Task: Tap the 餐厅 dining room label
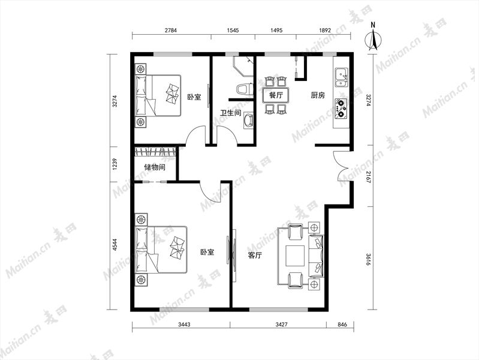(276, 95)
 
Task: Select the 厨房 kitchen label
(318, 95)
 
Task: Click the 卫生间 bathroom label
(231, 113)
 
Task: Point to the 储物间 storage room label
(155, 167)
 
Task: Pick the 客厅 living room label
(254, 255)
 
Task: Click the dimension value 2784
(171, 30)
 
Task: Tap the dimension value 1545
(233, 30)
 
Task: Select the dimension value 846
(342, 325)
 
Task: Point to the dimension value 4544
(115, 245)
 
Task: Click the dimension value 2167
(368, 176)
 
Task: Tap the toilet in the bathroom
(245, 89)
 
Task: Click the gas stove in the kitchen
(341, 108)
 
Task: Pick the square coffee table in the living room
(295, 256)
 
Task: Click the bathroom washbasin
(248, 121)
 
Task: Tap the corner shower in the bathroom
(244, 66)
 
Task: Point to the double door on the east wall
(342, 167)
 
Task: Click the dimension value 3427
(281, 325)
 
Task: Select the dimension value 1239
(115, 164)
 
